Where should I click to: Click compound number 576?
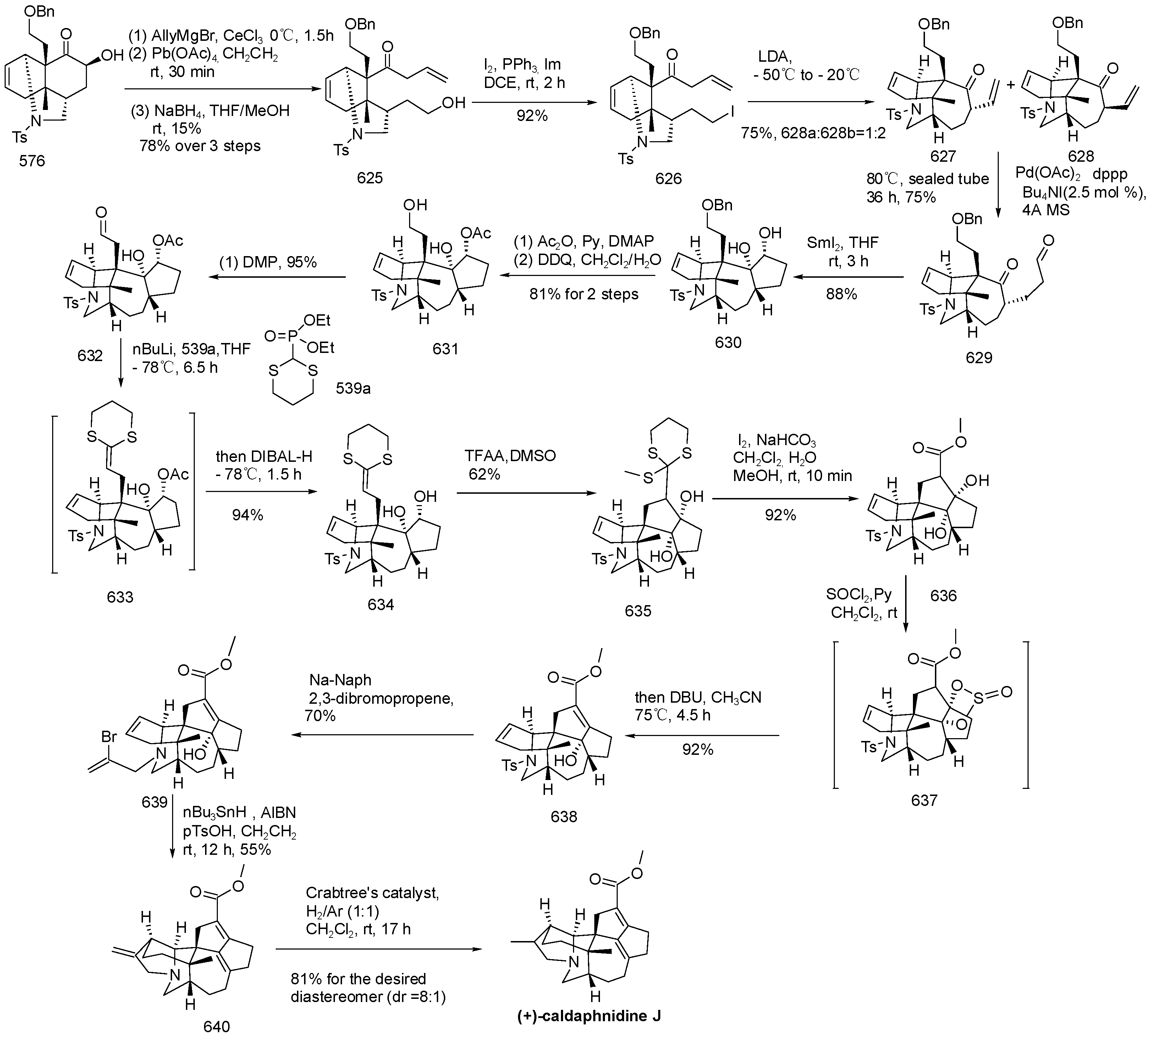click(32, 161)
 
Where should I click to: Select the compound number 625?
click(369, 178)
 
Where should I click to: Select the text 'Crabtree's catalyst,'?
click(372, 893)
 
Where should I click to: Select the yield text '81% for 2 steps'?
click(584, 294)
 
